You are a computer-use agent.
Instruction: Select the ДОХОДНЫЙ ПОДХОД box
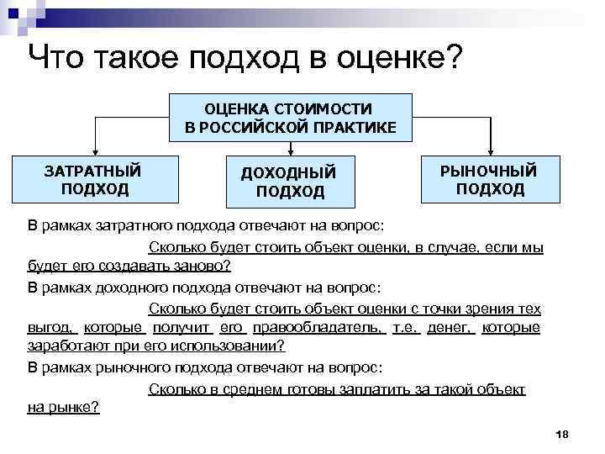click(x=289, y=182)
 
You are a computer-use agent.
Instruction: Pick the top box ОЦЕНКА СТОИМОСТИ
click(x=290, y=118)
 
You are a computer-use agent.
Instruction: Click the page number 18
click(x=563, y=433)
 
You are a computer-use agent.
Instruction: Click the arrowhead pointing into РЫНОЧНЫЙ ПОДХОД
click(x=490, y=151)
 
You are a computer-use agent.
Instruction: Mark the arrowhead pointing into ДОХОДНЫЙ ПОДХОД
click(x=289, y=152)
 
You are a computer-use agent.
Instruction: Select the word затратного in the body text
click(x=134, y=226)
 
